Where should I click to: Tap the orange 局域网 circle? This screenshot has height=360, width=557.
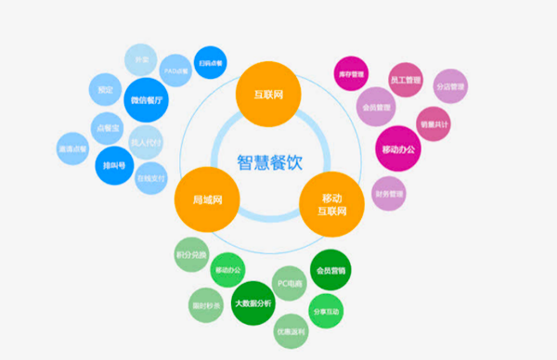tap(204, 199)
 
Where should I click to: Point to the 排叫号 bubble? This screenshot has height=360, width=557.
tap(111, 164)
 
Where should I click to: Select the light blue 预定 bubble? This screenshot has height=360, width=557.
tap(105, 90)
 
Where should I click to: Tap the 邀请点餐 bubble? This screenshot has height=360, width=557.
tap(71, 148)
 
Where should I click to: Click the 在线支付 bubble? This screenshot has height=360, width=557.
tap(149, 176)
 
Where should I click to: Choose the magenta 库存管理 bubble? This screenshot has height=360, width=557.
tap(353, 72)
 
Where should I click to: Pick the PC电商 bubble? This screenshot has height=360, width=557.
tap(288, 283)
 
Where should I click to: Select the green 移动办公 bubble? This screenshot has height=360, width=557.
tap(227, 269)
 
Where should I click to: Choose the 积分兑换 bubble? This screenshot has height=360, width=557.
tap(189, 254)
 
